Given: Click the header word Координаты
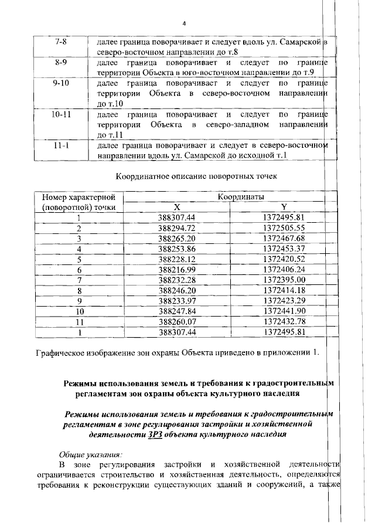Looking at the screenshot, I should coord(241,196).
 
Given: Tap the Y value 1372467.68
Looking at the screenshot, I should coord(284,239).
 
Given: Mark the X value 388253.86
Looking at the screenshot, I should coord(177,249).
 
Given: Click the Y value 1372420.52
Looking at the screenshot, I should coord(284,259).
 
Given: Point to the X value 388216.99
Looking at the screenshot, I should coord(177,269).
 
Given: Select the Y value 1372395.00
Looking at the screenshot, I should coord(284,280).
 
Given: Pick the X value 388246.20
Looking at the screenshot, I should coord(177,290).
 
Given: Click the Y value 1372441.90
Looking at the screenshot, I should coord(284,311).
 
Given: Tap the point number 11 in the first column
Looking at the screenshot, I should coord(80,321).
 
